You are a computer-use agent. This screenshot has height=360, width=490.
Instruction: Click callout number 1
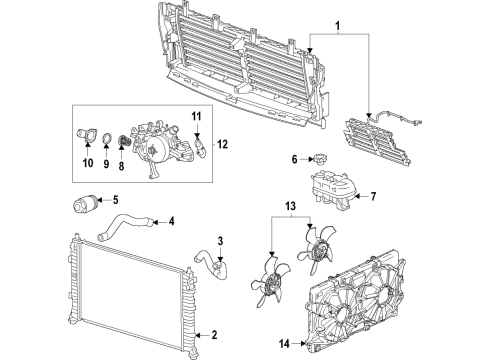point(338,24)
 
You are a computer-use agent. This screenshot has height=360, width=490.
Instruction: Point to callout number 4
point(171,221)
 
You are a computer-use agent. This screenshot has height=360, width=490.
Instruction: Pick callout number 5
point(115,200)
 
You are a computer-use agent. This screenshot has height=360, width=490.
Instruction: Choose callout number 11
point(196,118)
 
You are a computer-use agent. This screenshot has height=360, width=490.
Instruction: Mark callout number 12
point(222,144)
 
